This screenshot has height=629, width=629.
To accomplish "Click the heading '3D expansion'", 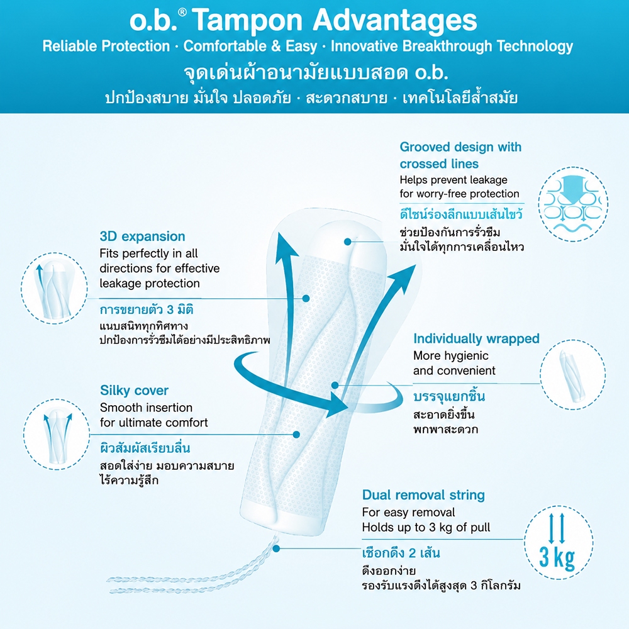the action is pos(142,237).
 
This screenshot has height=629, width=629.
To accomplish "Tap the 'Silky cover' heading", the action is pos(134,391).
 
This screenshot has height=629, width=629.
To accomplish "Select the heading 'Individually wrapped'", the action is pos(476,339).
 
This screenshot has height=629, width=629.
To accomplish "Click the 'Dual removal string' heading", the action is pos(423,495).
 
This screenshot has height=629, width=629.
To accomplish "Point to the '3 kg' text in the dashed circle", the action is pos(557,557).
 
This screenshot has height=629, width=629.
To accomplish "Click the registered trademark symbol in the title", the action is pos(182,13).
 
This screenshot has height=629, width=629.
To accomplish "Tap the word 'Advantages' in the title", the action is pos(395,21).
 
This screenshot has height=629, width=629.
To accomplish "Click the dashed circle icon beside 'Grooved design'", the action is pos(573,204).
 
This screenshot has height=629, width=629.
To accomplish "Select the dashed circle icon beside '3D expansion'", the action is pos(54,288).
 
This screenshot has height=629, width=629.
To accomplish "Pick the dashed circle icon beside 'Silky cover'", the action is pos(57,435).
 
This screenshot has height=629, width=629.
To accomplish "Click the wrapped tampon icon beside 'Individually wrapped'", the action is pos(571,376).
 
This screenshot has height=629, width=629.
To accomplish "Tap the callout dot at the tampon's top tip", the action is pos(348,242).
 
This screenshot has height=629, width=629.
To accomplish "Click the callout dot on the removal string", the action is pos(276,548).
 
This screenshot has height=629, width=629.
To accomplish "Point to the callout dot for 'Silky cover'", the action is pos(296,435).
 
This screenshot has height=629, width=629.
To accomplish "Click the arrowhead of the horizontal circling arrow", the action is pos(337,405).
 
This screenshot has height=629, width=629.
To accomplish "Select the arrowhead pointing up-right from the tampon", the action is pos(403,276).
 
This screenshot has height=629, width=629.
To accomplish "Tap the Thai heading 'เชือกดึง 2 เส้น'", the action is pos(401,553).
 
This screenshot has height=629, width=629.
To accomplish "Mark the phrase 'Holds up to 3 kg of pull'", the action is pos(426,527).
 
